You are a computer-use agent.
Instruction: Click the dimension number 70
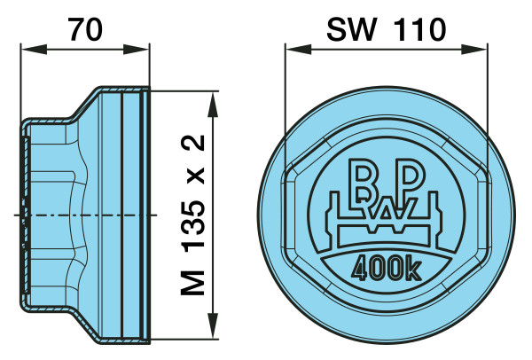(x=85, y=29)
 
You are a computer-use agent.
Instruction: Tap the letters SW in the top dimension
(x=351, y=29)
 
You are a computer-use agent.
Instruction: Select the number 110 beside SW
(x=420, y=29)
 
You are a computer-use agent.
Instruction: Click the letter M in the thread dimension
(x=192, y=283)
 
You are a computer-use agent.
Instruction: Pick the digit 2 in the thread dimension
(x=192, y=143)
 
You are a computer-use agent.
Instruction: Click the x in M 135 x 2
(x=195, y=176)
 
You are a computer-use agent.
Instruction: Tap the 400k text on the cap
(x=387, y=269)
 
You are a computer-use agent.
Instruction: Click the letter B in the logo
(x=363, y=179)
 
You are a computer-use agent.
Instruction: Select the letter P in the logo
(x=411, y=176)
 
